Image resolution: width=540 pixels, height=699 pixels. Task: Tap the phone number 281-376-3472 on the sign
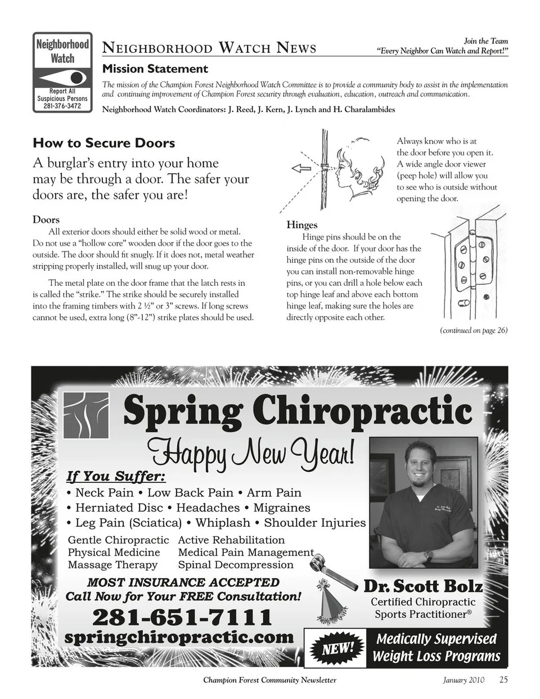pyautogui.click(x=62, y=106)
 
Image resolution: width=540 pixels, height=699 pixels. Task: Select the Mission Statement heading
pyautogui.click(x=155, y=69)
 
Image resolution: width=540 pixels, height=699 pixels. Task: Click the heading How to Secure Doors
pyautogui.click(x=103, y=143)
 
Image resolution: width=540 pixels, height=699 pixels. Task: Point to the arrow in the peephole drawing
pyautogui.click(x=301, y=168)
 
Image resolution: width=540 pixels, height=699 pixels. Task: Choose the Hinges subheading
pyautogui.click(x=301, y=225)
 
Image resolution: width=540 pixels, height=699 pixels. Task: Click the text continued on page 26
pyautogui.click(x=473, y=330)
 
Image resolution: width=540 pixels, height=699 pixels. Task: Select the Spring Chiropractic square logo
pyautogui.click(x=85, y=415)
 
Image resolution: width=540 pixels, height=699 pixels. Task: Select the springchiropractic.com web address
pyautogui.click(x=179, y=638)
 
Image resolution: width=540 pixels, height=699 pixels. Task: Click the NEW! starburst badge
pyautogui.click(x=336, y=648)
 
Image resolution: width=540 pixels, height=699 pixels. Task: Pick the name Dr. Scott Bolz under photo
pyautogui.click(x=423, y=586)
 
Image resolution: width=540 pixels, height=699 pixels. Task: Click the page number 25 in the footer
pyautogui.click(x=503, y=679)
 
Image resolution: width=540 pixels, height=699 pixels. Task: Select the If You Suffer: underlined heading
pyautogui.click(x=116, y=477)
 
